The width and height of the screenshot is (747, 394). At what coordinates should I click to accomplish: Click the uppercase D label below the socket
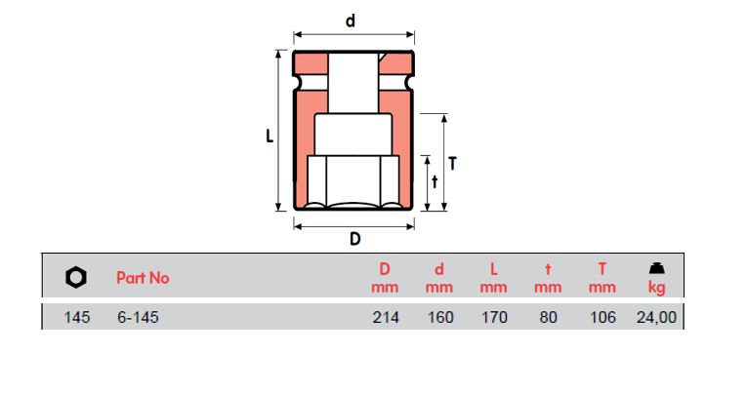pyautogui.click(x=354, y=239)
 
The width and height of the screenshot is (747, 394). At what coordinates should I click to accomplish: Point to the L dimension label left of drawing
pyautogui.click(x=270, y=138)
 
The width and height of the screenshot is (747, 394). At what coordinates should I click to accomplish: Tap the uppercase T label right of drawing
pyautogui.click(x=453, y=164)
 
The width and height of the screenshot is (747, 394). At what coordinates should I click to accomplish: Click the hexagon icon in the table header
pyautogui.click(x=76, y=277)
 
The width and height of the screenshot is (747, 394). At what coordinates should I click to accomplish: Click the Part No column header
pyautogui.click(x=143, y=278)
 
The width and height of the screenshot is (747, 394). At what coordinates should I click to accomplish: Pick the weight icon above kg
pyautogui.click(x=657, y=269)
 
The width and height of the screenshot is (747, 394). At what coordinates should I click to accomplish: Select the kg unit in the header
pyautogui.click(x=657, y=288)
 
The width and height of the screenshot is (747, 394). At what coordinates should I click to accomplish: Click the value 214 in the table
pyautogui.click(x=386, y=318)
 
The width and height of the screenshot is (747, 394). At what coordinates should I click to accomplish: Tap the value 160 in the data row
pyautogui.click(x=440, y=318)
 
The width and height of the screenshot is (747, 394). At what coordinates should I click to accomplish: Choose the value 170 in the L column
pyautogui.click(x=494, y=318)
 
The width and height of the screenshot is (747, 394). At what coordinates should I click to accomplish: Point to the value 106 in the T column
pyautogui.click(x=602, y=318)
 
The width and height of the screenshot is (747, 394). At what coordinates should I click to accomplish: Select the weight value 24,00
pyautogui.click(x=657, y=318)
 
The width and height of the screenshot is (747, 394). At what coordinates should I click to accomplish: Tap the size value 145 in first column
pyautogui.click(x=76, y=318)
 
